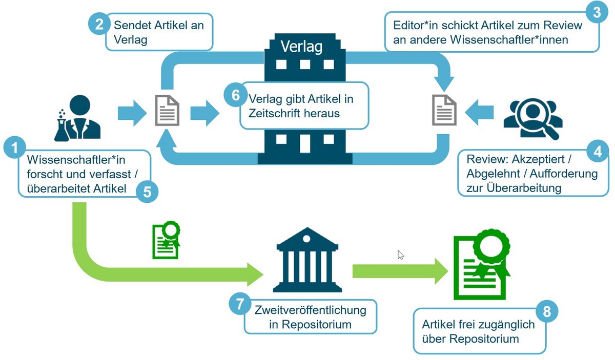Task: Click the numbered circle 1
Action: tap(14, 147)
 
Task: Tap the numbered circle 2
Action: tap(99, 24)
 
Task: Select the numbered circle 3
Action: tap(597, 12)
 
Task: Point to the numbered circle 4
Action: tap(598, 151)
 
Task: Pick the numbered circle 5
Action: tap(147, 192)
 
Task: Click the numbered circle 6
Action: tap(235, 95)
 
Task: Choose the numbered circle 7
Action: tap(240, 304)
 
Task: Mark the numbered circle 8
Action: tap(547, 311)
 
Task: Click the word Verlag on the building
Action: tap(301, 47)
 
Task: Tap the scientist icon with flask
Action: tap(77, 118)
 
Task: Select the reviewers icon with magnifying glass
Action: tap(533, 119)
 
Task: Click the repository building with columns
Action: tap(307, 260)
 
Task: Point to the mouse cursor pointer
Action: tap(401, 255)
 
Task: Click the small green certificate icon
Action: tap(167, 240)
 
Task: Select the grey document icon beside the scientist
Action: tap(167, 110)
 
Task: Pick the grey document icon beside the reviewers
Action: tap(444, 110)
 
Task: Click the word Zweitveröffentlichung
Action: tap(310, 310)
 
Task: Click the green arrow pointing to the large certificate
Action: tap(400, 271)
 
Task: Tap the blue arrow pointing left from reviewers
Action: tap(479, 113)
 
